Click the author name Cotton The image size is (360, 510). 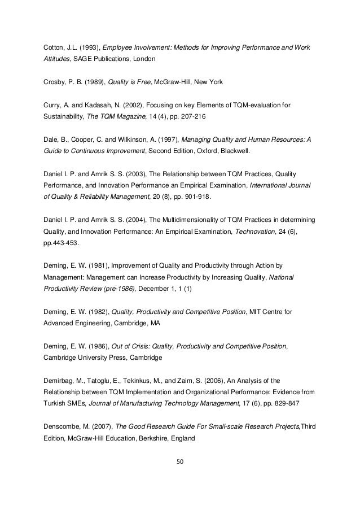(54, 45)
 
